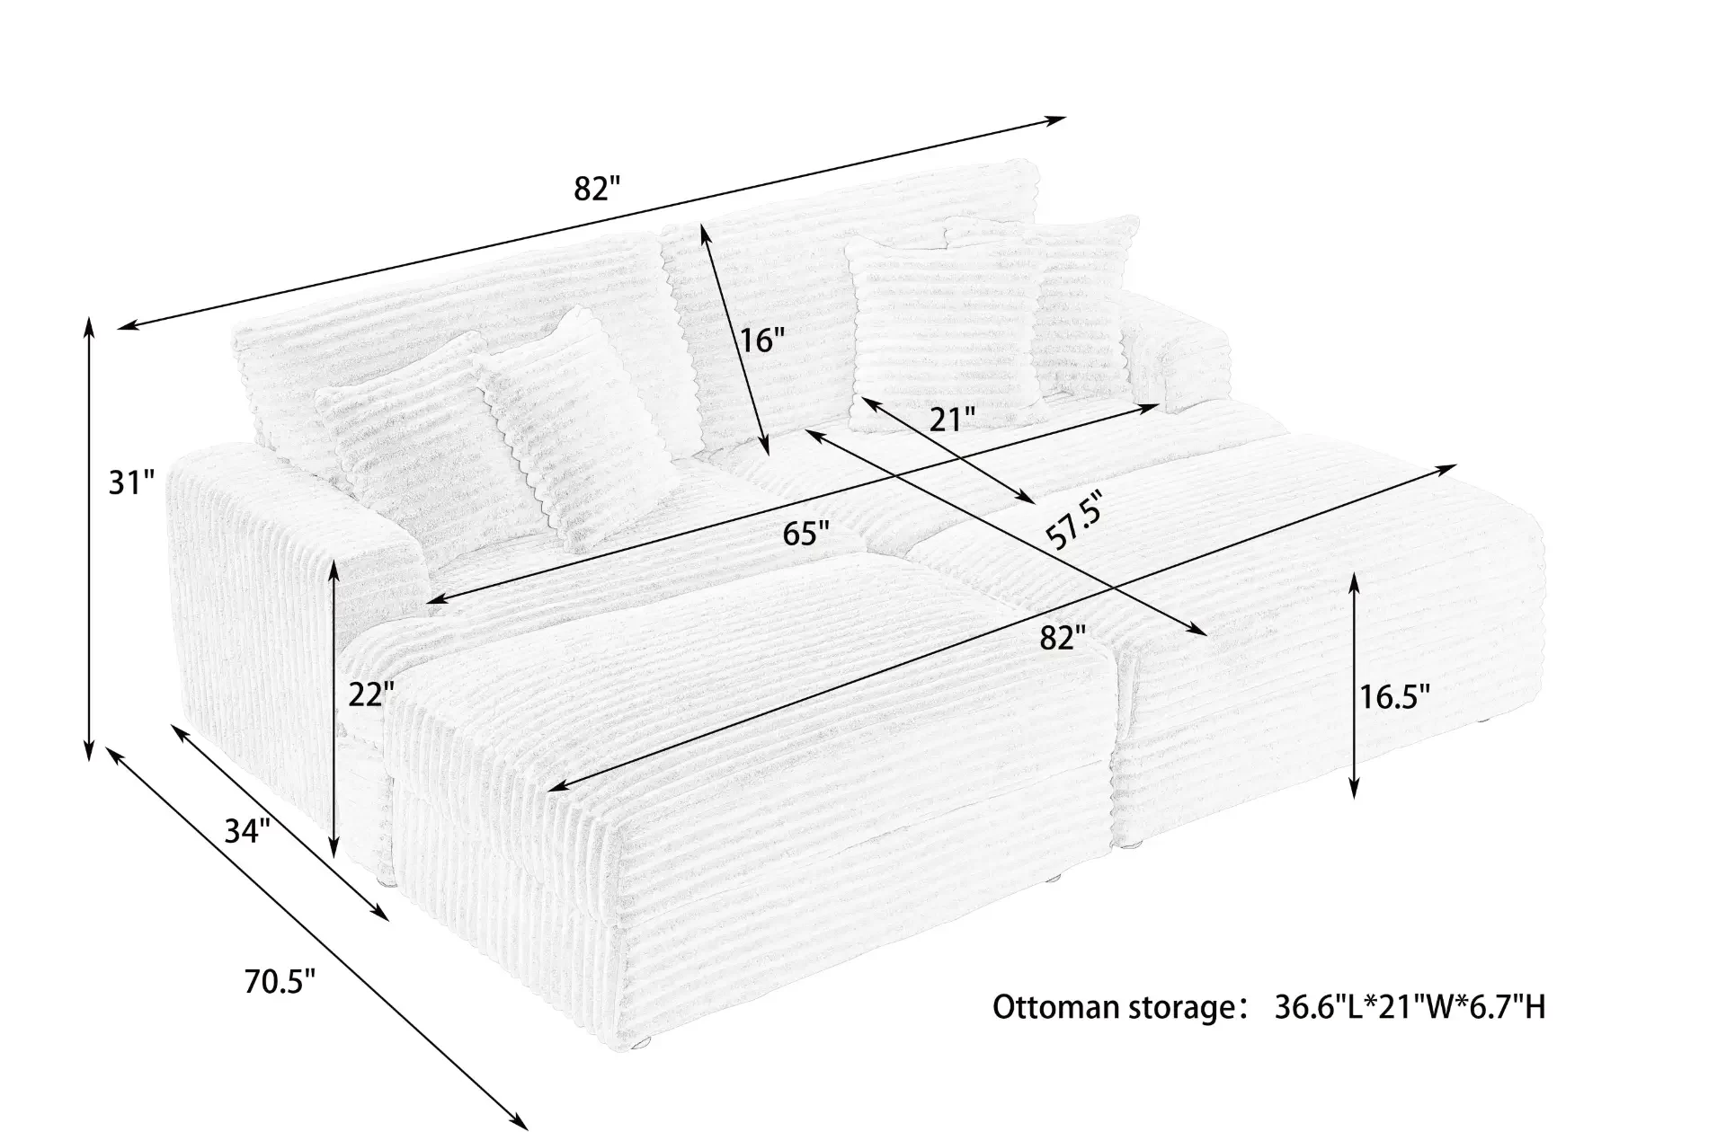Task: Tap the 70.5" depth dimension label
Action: [x=279, y=982]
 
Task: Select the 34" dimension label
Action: [x=246, y=832]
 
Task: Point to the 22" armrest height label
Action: [x=371, y=694]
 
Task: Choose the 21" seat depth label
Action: [x=952, y=420]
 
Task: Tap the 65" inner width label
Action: [x=805, y=534]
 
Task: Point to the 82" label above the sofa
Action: [x=598, y=190]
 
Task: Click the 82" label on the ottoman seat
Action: [x=1063, y=638]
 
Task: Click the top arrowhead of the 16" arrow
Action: [x=704, y=231]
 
